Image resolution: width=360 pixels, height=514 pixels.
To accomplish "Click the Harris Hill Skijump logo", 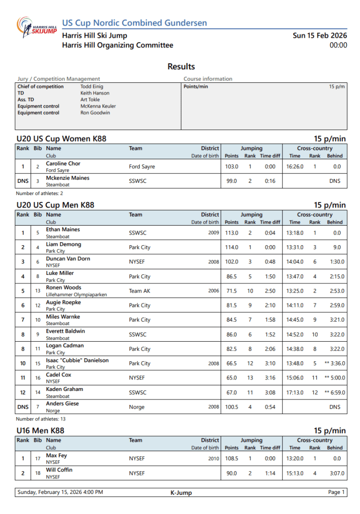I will pyautogui.click(x=36, y=28).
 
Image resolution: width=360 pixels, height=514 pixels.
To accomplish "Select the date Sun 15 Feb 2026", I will pyautogui.click(x=320, y=36).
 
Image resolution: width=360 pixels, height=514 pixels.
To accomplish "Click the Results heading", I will pyautogui.click(x=181, y=67).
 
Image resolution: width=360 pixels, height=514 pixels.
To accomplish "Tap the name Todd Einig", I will pyautogui.click(x=92, y=86).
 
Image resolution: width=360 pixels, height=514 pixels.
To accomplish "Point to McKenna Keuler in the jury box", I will pyautogui.click(x=98, y=106).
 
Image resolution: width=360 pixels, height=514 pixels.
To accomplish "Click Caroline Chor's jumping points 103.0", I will pyautogui.click(x=231, y=166).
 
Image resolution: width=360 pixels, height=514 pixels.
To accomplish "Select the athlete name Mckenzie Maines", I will pyautogui.click(x=67, y=178).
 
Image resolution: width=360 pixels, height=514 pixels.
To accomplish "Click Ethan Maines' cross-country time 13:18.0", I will pyautogui.click(x=295, y=233).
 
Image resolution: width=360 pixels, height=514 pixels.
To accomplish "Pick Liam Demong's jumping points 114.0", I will pyautogui.click(x=231, y=247).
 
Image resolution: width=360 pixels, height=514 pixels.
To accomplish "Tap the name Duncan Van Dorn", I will pyautogui.click(x=68, y=259).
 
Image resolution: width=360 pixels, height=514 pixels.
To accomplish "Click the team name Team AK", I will pyautogui.click(x=139, y=291).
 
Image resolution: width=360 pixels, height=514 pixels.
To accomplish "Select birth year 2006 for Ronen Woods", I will pyautogui.click(x=214, y=291).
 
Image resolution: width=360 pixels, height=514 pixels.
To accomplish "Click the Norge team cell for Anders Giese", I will pyautogui.click(x=137, y=407).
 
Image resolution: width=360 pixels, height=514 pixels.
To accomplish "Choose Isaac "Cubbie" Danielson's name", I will pyautogui.click(x=77, y=360).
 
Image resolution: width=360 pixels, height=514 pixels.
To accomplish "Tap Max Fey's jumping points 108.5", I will pyautogui.click(x=231, y=458).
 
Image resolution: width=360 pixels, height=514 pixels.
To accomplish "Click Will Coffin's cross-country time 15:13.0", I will pyautogui.click(x=295, y=473).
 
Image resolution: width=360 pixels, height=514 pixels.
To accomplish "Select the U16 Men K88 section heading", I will pyautogui.click(x=40, y=431).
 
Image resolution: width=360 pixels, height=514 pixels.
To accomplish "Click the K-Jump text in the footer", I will pyautogui.click(x=181, y=493).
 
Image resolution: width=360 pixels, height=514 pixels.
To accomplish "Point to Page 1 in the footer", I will pyautogui.click(x=336, y=492).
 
